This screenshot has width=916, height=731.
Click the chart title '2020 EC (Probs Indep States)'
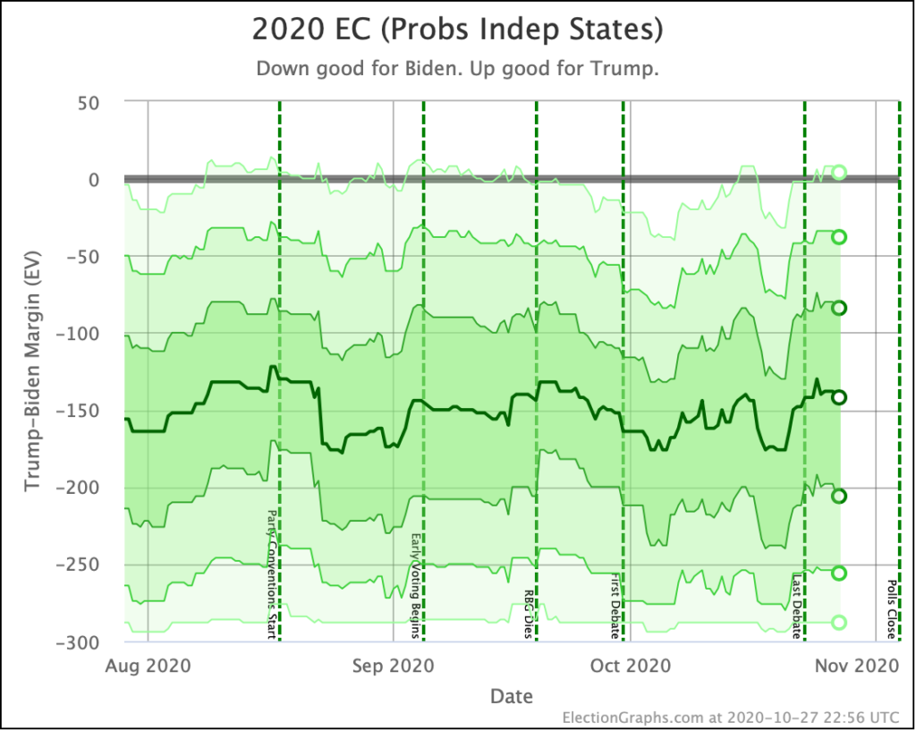pos(457,30)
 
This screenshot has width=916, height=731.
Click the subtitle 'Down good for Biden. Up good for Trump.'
pos(457,69)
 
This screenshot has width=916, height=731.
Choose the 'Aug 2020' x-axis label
pos(147,666)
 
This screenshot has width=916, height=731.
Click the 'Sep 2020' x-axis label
pos(393,666)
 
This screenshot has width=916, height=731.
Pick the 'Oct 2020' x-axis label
pos(631,666)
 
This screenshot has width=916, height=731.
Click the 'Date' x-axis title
pos(512,696)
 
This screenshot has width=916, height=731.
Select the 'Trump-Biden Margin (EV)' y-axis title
pos(32,371)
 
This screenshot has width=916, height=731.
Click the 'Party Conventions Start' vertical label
pos(272,574)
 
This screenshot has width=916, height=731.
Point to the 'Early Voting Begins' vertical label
pos(415,586)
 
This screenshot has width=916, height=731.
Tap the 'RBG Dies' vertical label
pos(528,613)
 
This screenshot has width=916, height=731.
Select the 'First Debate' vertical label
pos(615,606)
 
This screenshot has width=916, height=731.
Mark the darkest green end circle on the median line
pos(839,397)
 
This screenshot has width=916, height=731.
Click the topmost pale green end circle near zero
pos(839,173)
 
